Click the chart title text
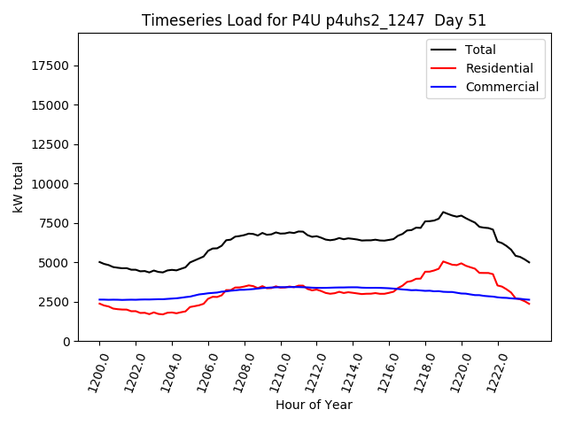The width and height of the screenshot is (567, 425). click(x=314, y=19)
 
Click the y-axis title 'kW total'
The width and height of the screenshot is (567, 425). click(x=18, y=187)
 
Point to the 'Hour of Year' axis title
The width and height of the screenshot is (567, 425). click(x=314, y=405)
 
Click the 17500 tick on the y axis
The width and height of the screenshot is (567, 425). click(x=51, y=66)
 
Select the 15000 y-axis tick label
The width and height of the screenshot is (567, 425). click(x=51, y=105)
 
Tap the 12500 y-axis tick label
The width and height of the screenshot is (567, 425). click(x=51, y=144)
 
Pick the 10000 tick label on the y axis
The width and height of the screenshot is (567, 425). click(x=51, y=184)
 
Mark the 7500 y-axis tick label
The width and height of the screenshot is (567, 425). click(x=55, y=223)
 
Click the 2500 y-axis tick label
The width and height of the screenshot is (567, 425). click(x=55, y=302)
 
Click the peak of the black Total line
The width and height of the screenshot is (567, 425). click(x=443, y=212)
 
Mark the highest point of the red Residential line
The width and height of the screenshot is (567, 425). click(x=443, y=262)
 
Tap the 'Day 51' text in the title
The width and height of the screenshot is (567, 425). click(x=460, y=19)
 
